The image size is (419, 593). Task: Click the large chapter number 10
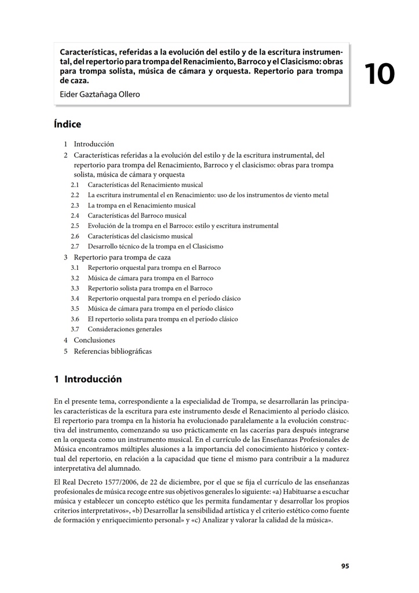pyautogui.click(x=380, y=75)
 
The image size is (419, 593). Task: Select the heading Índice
pyautogui.click(x=67, y=125)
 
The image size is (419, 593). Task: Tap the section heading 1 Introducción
pyautogui.click(x=88, y=379)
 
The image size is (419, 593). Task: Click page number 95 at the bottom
pyautogui.click(x=345, y=566)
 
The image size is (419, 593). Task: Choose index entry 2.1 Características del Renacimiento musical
pyautogui.click(x=141, y=185)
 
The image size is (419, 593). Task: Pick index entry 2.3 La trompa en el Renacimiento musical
pyautogui.click(x=141, y=205)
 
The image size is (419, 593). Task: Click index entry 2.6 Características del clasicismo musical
pyautogui.click(x=140, y=236)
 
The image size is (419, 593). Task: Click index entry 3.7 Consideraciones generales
pyautogui.click(x=125, y=329)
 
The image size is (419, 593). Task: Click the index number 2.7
pyautogui.click(x=75, y=247)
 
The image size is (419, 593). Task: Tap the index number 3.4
pyautogui.click(x=75, y=298)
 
